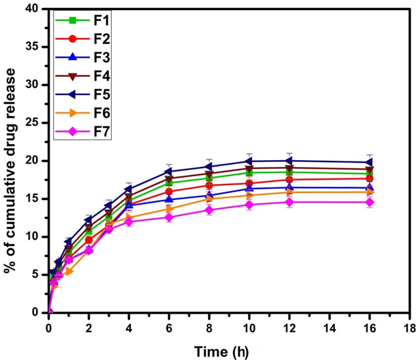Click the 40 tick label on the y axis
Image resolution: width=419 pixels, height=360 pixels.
(33, 9)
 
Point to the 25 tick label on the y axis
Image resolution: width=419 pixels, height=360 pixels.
(33, 123)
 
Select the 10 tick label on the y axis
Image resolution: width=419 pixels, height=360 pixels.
(33, 237)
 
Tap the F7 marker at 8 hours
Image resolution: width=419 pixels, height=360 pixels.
(209, 210)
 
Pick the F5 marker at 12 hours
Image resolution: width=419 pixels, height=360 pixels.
(289, 161)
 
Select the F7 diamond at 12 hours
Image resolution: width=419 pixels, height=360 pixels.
(289, 202)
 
